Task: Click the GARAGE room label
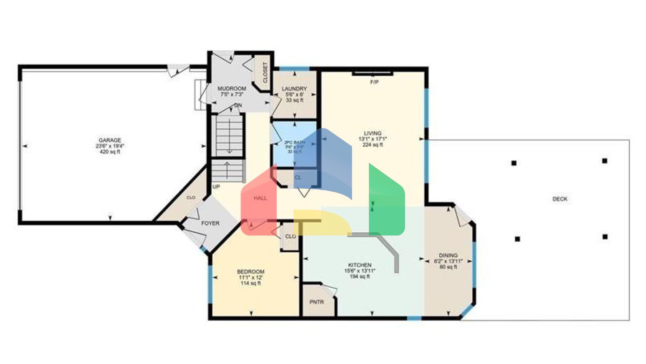coord(110,140)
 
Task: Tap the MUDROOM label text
coord(232,89)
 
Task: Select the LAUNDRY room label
coord(294,89)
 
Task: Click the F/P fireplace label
coord(374,83)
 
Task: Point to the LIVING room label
coord(373,134)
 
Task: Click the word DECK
coord(560,199)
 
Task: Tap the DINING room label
coord(448,255)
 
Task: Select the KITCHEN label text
coord(360,265)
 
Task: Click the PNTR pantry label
coord(317,302)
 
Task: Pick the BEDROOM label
coord(251,272)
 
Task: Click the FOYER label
coord(210,223)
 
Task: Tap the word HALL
coord(260,198)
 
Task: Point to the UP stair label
coord(216,187)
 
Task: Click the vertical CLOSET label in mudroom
coord(265,72)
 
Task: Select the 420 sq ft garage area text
coord(110,152)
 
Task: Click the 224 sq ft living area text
coord(373,145)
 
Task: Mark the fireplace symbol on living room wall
coord(373,74)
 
